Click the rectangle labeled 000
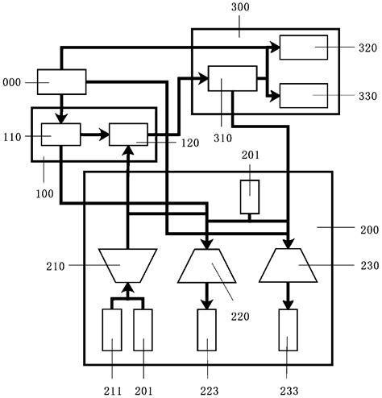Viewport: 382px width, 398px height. (x=61, y=81)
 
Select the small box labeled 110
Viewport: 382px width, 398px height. (x=61, y=134)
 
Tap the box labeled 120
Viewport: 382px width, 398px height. (x=128, y=134)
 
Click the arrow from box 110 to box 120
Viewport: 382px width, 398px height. (x=94, y=135)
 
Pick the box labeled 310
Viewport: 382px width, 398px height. (x=232, y=79)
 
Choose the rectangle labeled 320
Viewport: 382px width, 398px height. (x=303, y=48)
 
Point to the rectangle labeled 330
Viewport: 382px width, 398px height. (x=303, y=95)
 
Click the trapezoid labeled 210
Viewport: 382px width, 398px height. (x=127, y=263)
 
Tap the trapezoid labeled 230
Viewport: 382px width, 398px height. (x=289, y=264)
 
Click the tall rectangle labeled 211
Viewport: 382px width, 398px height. (x=112, y=330)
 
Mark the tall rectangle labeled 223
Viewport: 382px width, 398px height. (x=207, y=330)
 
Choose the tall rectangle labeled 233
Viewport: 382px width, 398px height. (x=289, y=330)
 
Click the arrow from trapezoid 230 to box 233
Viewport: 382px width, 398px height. (x=289, y=296)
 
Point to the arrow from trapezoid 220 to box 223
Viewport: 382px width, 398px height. (x=207, y=296)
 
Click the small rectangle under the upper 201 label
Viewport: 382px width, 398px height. (x=250, y=197)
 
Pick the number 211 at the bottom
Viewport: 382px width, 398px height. (x=112, y=391)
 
